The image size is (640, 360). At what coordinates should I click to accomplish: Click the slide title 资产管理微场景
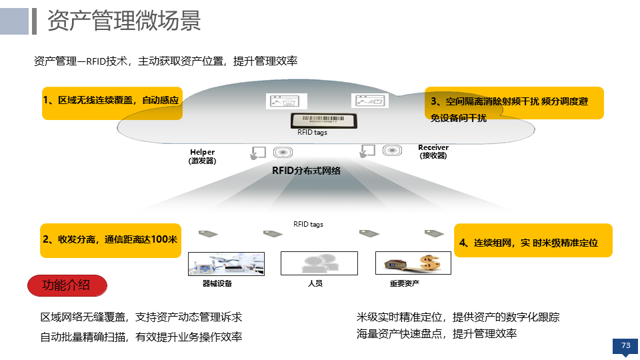[124, 21]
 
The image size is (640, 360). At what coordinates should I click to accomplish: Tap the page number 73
[625, 345]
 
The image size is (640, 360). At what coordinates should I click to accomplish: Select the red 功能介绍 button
[67, 285]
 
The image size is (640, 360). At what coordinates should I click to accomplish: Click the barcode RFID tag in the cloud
[322, 120]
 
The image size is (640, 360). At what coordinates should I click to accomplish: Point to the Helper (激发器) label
[203, 157]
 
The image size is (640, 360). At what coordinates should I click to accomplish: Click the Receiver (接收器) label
[433, 151]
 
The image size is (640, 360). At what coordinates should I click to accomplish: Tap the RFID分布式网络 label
[306, 171]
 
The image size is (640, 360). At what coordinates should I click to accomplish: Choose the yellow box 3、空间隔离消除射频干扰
[513, 103]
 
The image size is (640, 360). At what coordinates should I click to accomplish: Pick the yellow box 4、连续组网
[533, 241]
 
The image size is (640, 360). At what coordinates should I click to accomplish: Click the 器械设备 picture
[226, 263]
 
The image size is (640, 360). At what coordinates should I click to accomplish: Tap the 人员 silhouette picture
[319, 263]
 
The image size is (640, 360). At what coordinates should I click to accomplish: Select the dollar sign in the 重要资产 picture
[429, 263]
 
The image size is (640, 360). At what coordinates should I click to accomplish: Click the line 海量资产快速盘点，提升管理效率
[437, 333]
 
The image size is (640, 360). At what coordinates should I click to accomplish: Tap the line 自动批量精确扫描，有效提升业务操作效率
[141, 337]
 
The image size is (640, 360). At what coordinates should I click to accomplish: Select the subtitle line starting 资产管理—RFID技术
[165, 61]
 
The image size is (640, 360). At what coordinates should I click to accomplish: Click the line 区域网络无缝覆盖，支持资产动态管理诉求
[141, 317]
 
